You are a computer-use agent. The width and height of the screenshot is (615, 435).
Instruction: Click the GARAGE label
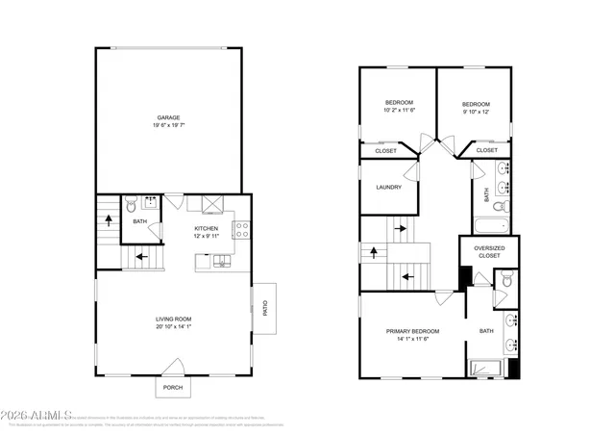(168, 117)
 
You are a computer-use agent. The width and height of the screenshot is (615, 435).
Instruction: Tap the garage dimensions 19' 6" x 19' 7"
(168, 126)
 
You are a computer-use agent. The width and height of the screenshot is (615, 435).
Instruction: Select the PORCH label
(173, 387)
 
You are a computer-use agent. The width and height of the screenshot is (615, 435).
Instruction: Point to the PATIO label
(265, 308)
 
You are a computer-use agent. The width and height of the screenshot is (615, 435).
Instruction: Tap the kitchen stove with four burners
(242, 229)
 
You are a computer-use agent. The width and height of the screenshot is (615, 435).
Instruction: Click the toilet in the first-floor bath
(131, 204)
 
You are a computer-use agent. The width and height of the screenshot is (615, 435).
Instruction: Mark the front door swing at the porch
(175, 367)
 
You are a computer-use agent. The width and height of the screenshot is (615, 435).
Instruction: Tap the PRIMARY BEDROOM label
(412, 331)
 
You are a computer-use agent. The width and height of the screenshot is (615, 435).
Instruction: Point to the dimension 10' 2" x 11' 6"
(399, 112)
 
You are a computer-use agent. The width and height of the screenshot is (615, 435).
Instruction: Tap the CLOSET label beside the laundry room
(385, 151)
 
